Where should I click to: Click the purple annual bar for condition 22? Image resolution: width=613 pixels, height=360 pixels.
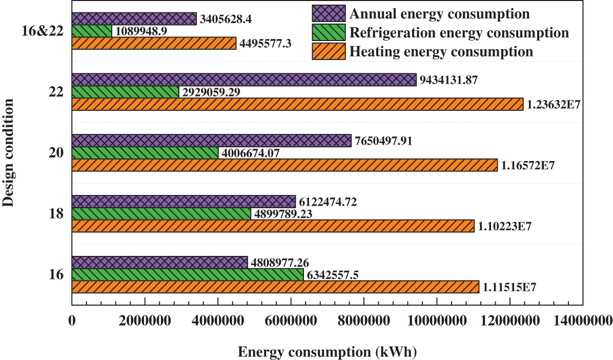244,79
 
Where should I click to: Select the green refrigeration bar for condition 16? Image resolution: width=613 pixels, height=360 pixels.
188,275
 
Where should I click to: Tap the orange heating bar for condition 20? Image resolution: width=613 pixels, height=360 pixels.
284,165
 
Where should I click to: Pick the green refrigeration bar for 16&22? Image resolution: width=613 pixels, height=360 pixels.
92,31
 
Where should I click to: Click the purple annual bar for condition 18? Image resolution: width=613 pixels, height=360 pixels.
184,202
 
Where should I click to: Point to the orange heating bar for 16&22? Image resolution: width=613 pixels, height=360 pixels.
154,43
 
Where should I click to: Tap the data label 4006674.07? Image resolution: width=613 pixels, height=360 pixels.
253,153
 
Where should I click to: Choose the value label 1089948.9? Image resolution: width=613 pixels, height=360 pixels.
140,31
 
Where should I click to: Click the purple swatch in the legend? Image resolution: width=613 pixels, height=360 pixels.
328,13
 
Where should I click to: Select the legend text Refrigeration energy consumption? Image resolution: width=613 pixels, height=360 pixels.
459,33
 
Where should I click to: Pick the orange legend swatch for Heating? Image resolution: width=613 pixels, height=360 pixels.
328,52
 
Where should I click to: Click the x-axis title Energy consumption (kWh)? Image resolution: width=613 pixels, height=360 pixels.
327,352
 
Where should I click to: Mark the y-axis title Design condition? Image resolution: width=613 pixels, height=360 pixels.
8,153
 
